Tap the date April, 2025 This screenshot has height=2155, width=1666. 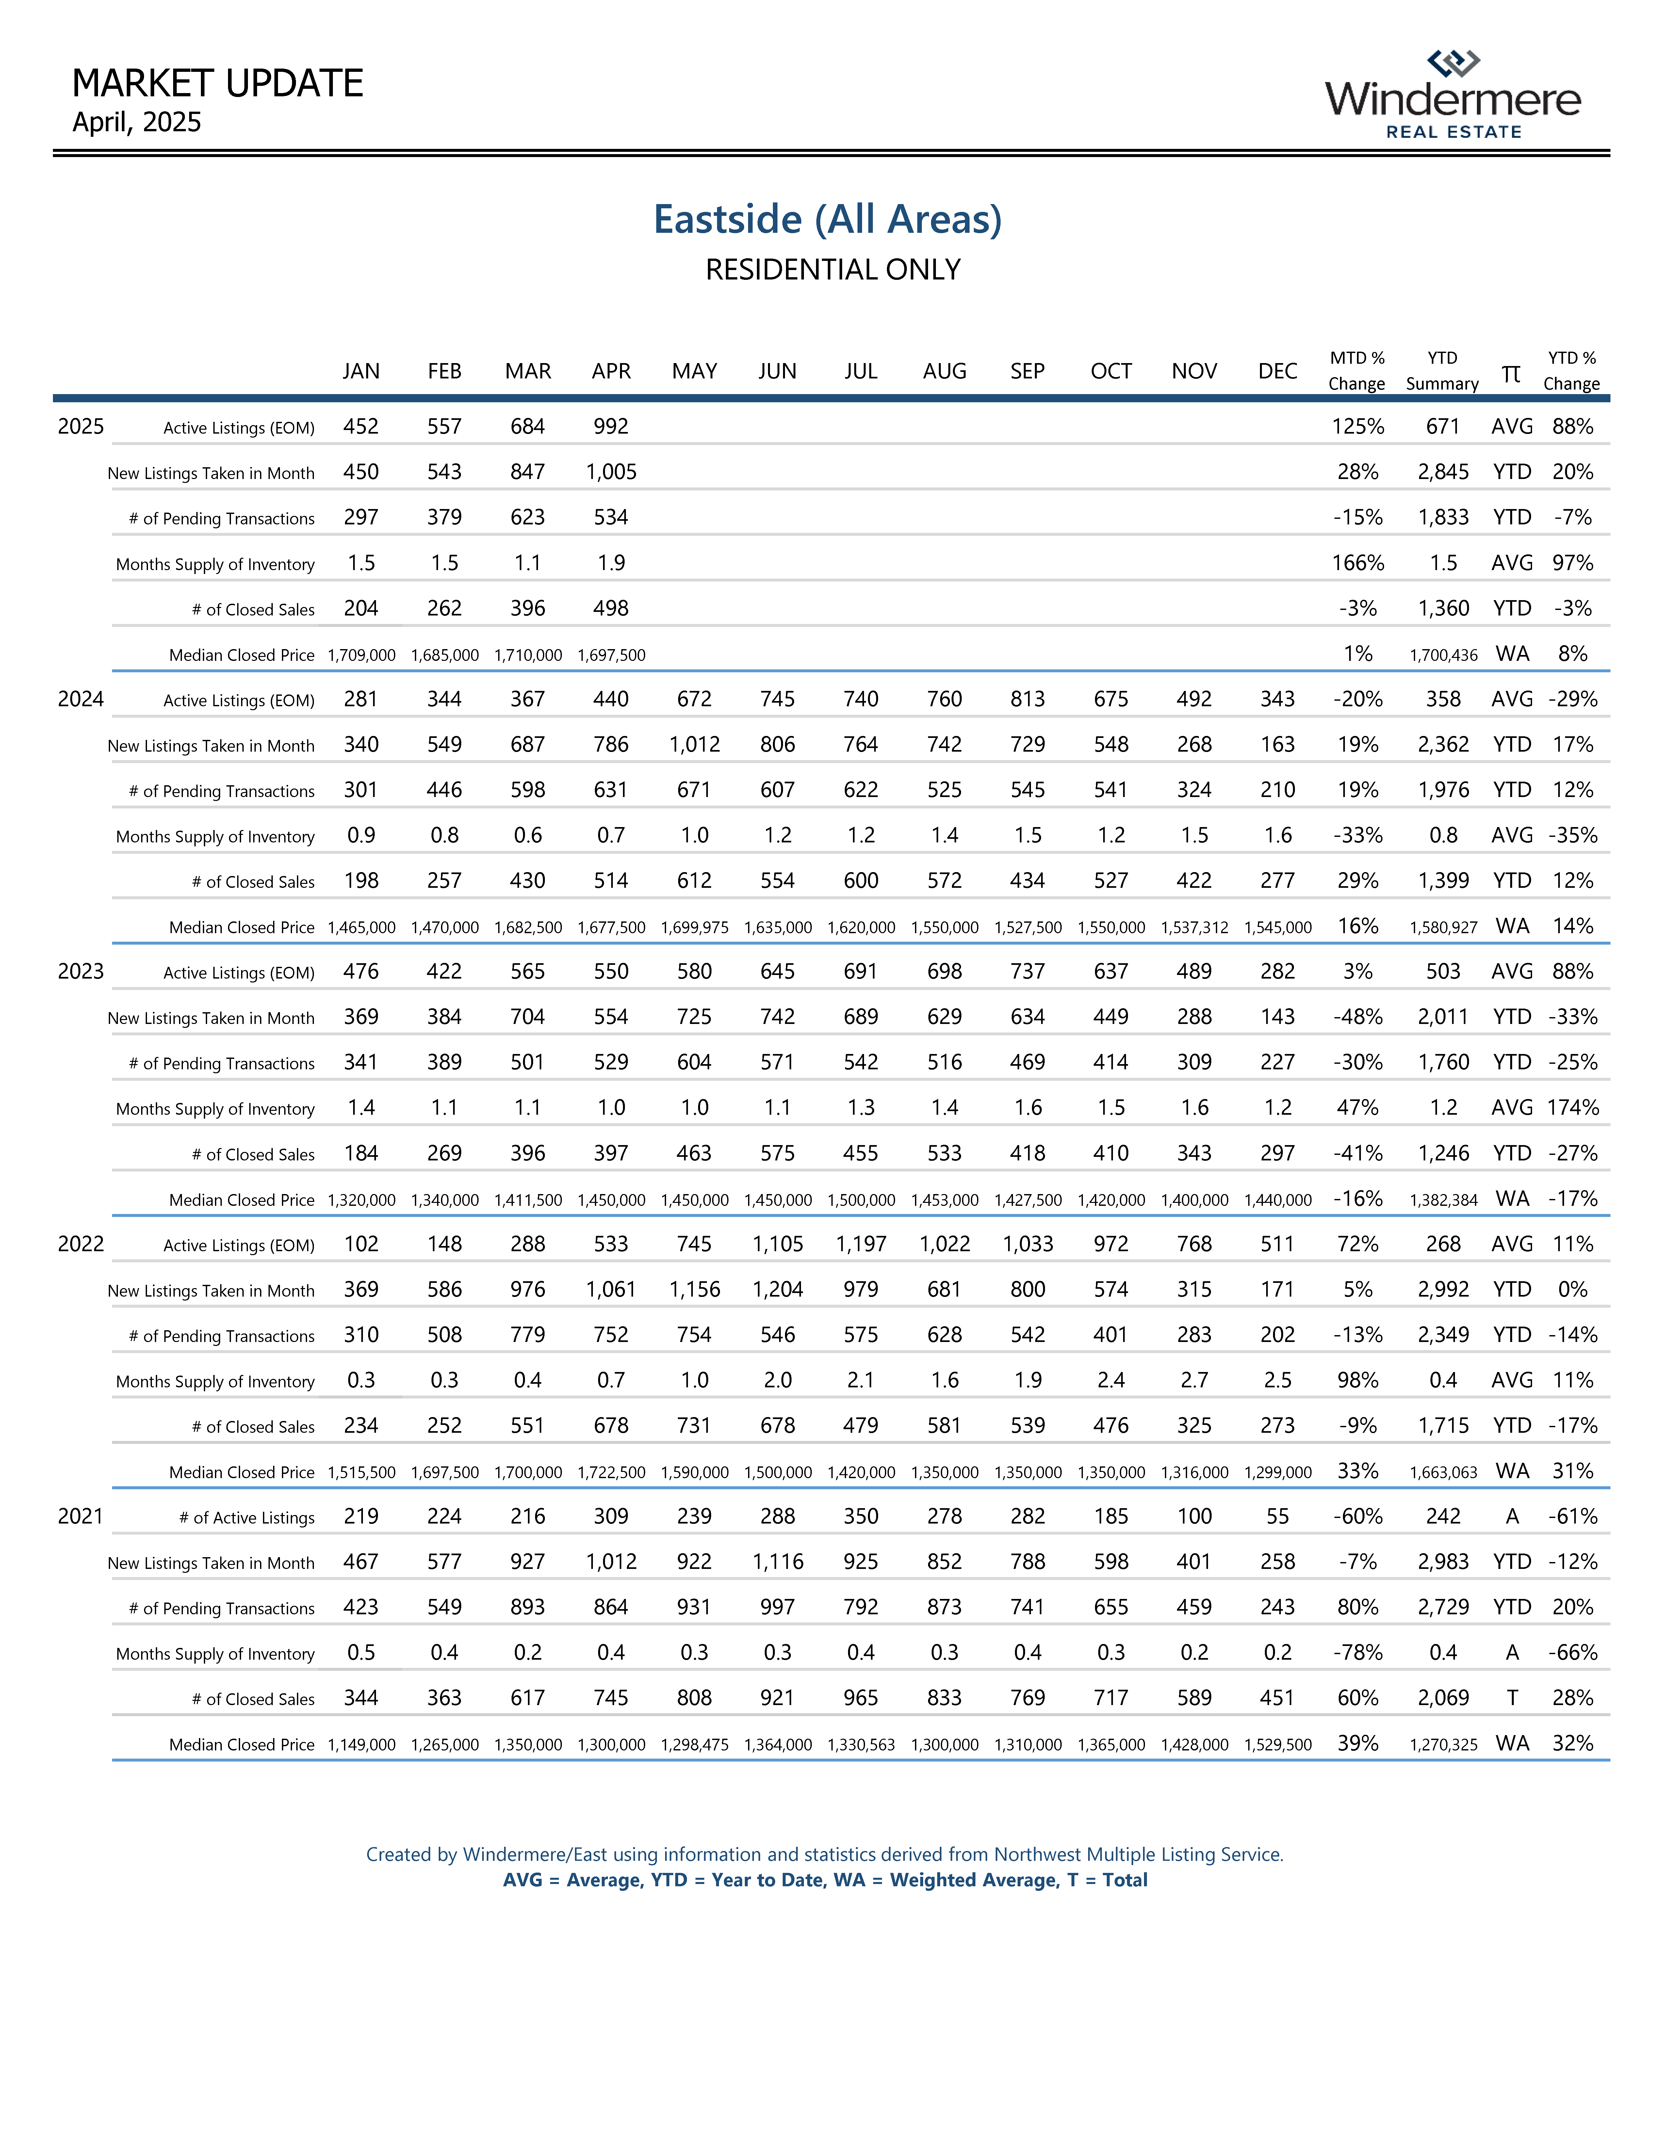click(137, 122)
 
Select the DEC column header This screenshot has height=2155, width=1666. click(1277, 371)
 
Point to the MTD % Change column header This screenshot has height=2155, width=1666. click(1357, 371)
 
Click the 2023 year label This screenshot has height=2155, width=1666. click(81, 971)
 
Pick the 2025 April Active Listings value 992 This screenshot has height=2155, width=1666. click(611, 426)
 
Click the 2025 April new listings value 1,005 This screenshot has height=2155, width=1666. click(611, 472)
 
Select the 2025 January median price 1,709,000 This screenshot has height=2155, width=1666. click(361, 655)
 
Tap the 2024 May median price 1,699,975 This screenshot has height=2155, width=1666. click(695, 928)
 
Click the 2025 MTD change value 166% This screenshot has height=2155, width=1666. click(1358, 563)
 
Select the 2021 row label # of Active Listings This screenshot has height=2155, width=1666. click(247, 1518)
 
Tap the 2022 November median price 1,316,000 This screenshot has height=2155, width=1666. click(1194, 1472)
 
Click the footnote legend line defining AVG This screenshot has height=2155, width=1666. click(825, 1880)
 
